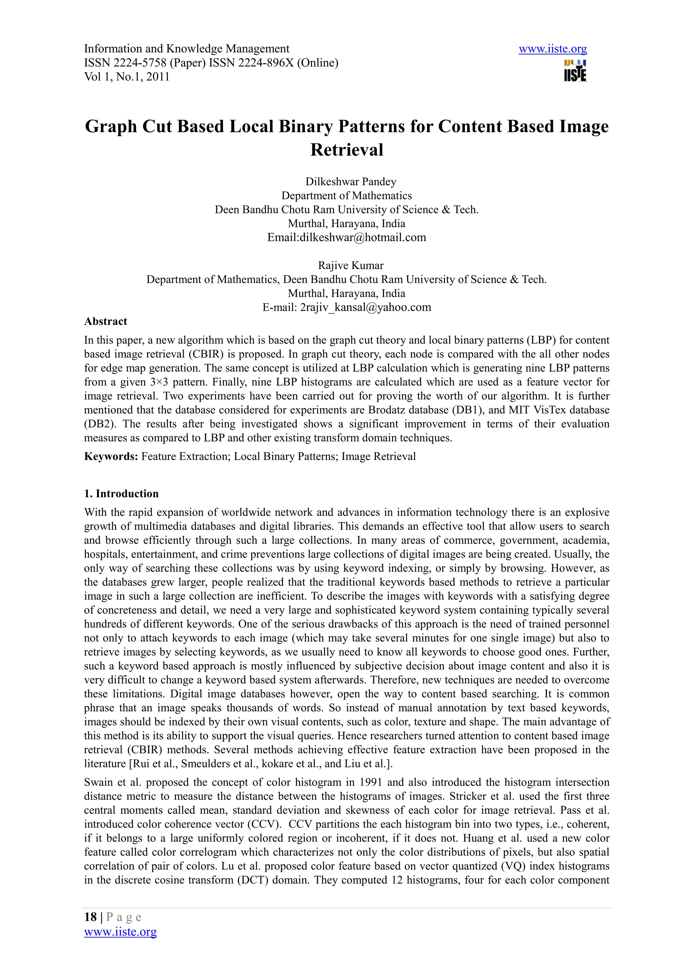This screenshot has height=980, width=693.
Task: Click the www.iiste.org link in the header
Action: [x=553, y=49]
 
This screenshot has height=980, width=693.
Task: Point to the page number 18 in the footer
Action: [x=90, y=917]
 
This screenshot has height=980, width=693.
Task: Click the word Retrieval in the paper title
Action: [x=347, y=150]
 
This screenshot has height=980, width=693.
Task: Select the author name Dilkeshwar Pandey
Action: [x=351, y=182]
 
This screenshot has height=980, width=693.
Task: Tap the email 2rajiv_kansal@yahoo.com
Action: [x=365, y=307]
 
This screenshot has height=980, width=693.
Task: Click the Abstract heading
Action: [x=106, y=321]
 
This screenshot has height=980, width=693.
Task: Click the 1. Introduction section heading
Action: [x=121, y=494]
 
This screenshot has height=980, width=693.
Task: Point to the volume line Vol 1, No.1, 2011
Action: [x=127, y=77]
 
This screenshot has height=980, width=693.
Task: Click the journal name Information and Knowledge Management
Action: [x=186, y=49]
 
